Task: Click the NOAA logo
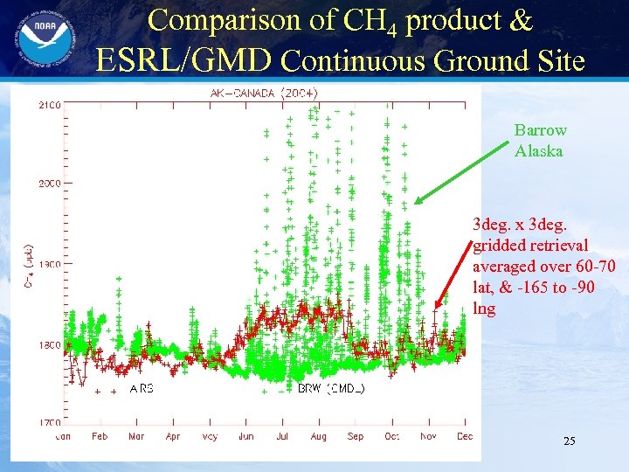point(38,40)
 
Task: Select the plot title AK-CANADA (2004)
point(265,93)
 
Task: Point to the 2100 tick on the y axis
point(48,105)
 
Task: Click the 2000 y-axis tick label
point(48,184)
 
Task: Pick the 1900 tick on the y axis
point(48,264)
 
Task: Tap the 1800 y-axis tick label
point(48,344)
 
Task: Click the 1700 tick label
point(48,422)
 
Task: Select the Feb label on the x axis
point(100,435)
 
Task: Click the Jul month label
point(282,435)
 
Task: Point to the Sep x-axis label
point(355,435)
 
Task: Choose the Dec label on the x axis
point(464,435)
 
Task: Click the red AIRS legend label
point(141,388)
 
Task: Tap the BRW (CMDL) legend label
point(331,388)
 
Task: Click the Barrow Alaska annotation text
point(540,140)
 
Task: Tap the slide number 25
point(569,441)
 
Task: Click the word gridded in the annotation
point(501,245)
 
